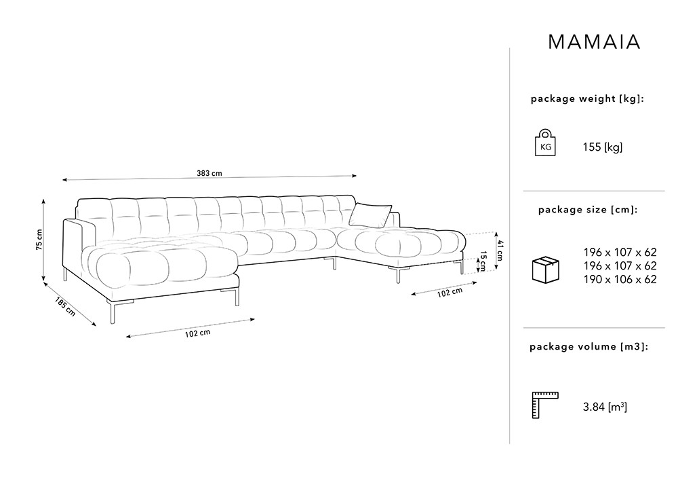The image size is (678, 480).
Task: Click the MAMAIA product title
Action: (x=594, y=42)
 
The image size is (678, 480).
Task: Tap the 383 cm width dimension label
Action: (x=210, y=173)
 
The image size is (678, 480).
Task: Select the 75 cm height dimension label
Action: (x=39, y=240)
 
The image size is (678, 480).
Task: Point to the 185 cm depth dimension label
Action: (x=65, y=306)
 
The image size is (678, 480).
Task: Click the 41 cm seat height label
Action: (x=500, y=250)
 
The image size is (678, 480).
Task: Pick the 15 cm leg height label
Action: (x=483, y=261)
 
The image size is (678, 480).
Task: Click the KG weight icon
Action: (x=545, y=143)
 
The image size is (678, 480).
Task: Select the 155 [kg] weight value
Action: (x=602, y=147)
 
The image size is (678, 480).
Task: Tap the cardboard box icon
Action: (x=545, y=270)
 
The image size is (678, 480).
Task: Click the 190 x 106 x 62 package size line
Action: (x=620, y=280)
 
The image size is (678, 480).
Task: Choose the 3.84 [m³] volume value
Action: (x=605, y=407)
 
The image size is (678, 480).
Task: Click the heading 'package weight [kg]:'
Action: (x=587, y=98)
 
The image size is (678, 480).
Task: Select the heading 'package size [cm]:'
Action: (x=588, y=210)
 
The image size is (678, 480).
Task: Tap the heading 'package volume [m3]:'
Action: (x=589, y=347)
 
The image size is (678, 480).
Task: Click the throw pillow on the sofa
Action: (x=370, y=215)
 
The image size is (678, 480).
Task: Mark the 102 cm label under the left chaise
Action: (x=197, y=333)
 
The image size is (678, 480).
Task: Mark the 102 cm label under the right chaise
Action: (x=450, y=293)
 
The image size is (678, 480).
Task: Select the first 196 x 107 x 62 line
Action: (x=620, y=253)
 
